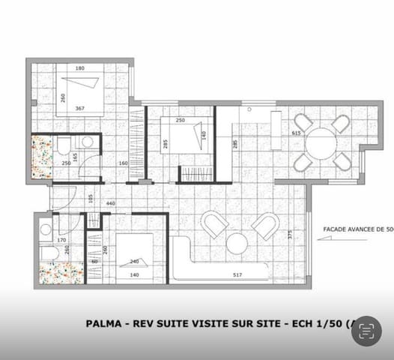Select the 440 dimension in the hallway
point(110,203)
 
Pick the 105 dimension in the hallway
point(90,198)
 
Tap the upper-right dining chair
point(342,124)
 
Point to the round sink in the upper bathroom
point(88,142)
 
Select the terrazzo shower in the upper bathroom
point(43,157)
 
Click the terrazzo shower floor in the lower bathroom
point(61,272)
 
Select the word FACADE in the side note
point(338,230)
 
